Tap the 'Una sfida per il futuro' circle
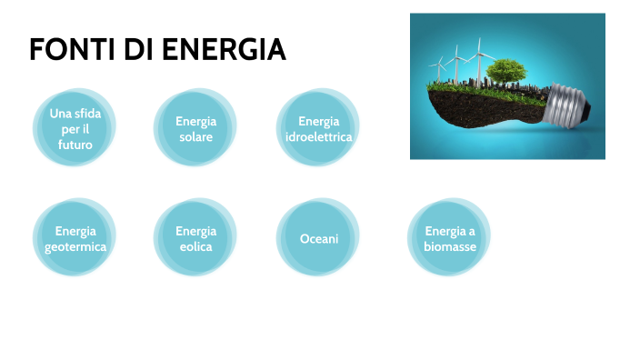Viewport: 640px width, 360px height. (75, 128)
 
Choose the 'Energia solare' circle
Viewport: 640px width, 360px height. (195, 128)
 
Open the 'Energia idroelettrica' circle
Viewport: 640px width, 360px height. (317, 128)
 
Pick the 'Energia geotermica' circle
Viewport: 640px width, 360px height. (75, 238)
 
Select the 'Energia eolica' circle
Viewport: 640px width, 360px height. (195, 238)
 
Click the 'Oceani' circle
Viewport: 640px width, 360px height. (318, 238)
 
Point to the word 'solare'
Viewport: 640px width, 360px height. (195, 136)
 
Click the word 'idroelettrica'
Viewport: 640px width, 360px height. (317, 136)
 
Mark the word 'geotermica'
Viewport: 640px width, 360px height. (75, 246)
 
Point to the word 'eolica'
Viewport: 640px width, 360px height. (195, 246)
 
